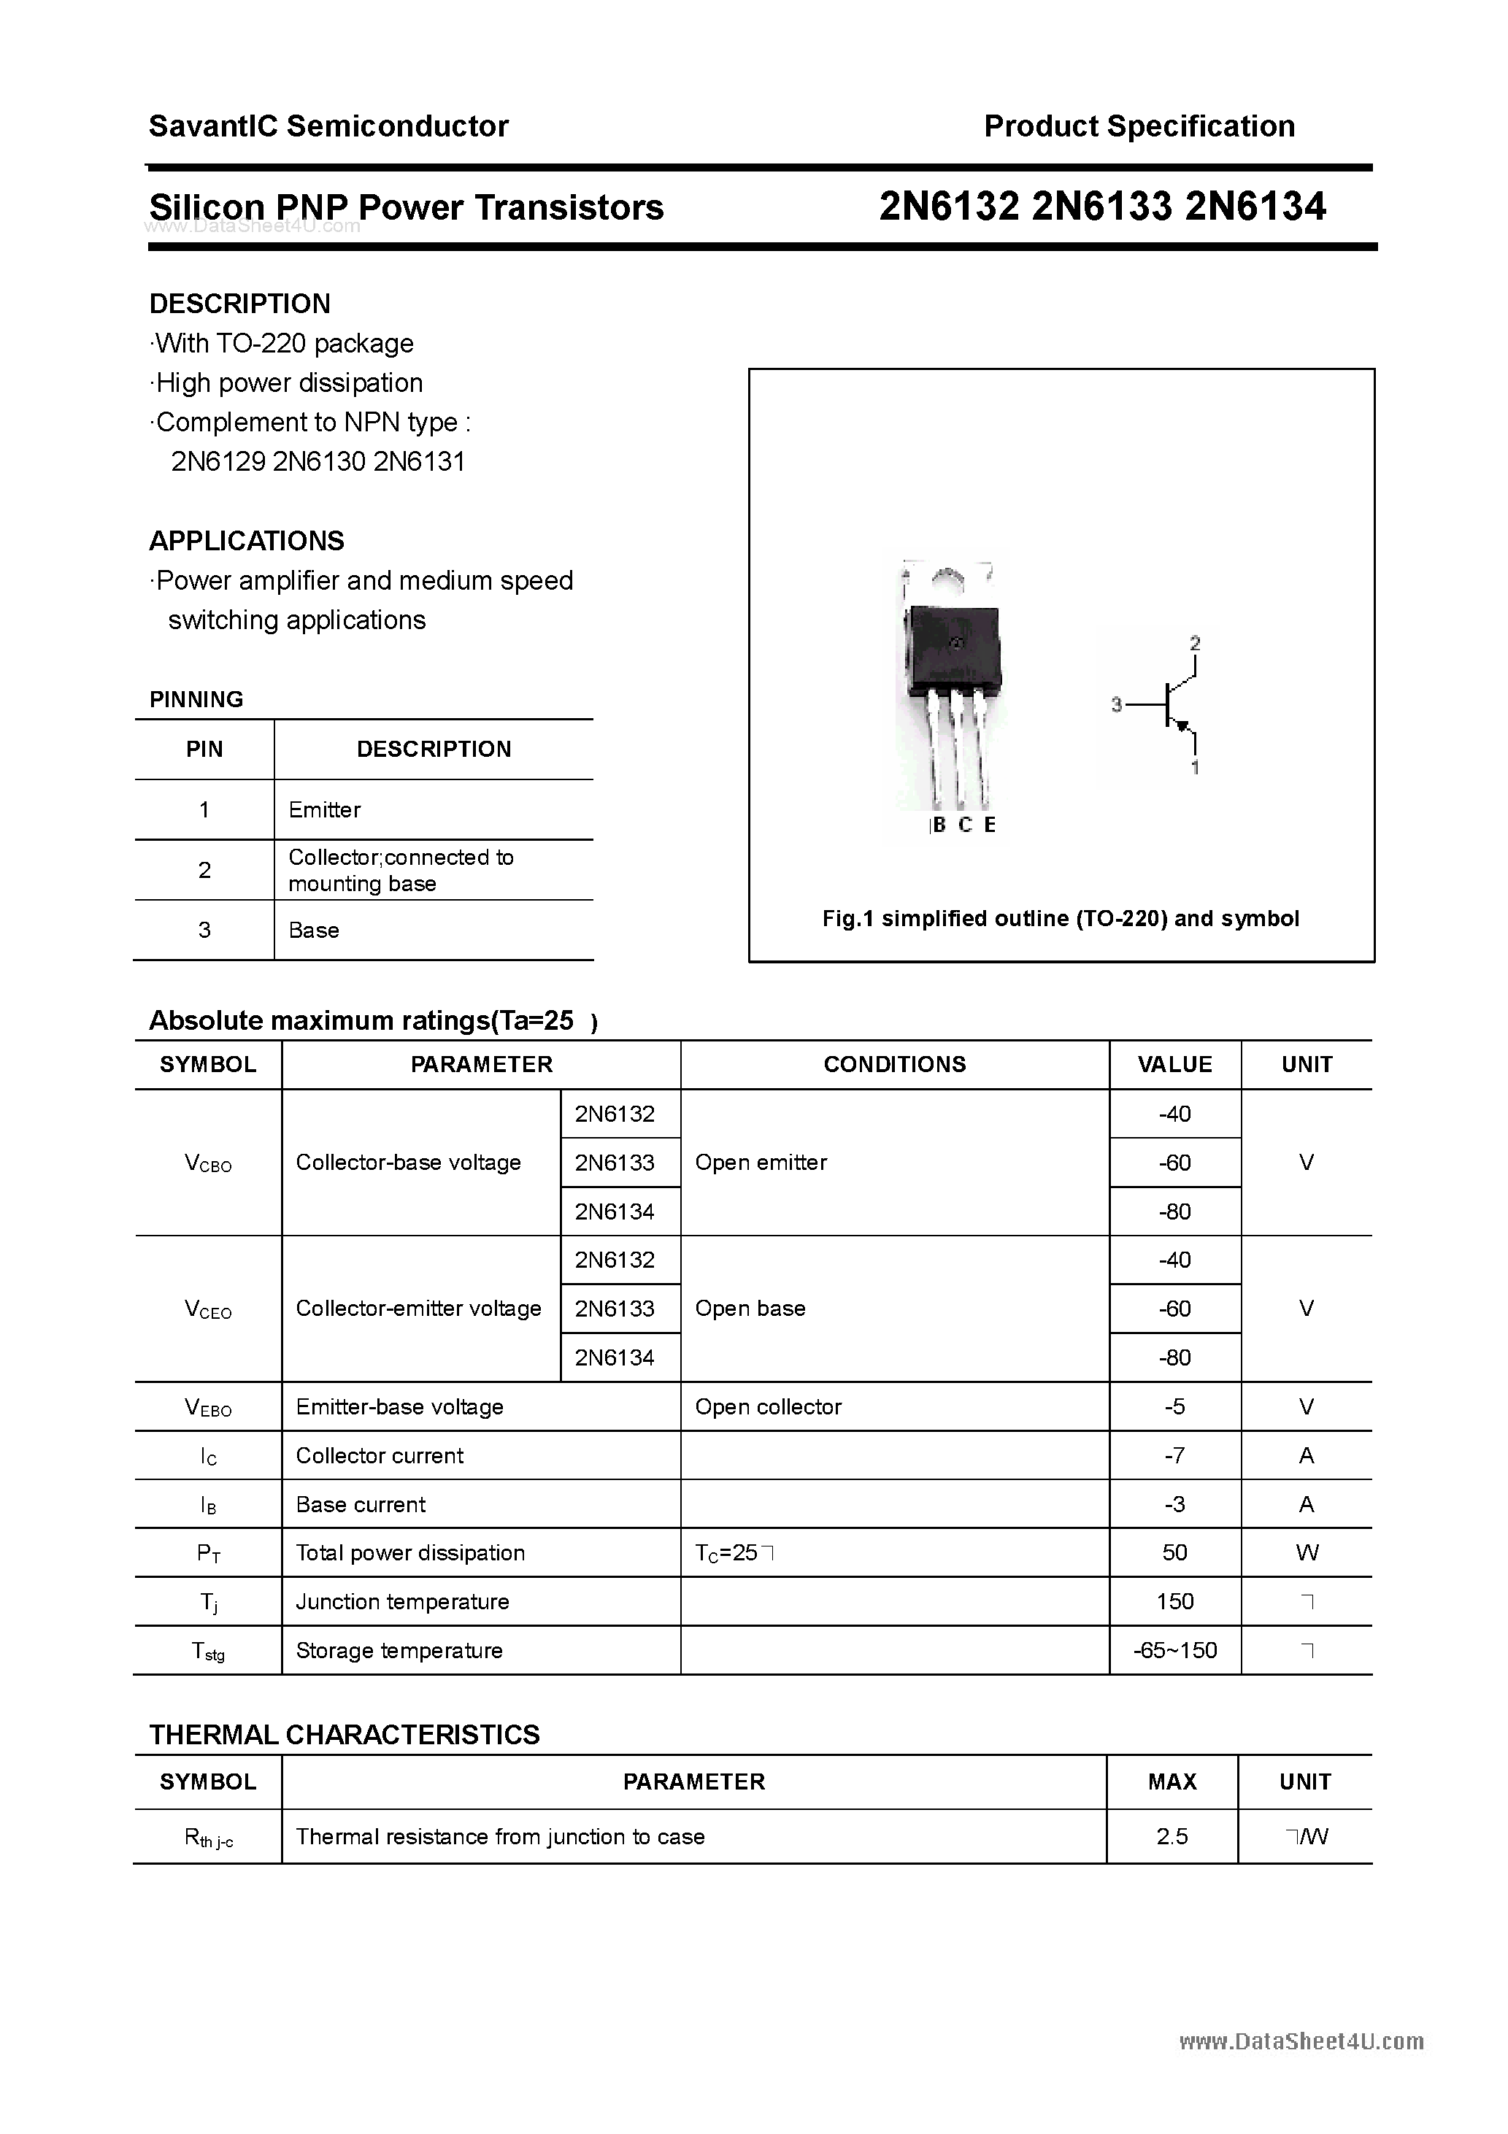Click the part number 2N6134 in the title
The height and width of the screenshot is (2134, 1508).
1255,207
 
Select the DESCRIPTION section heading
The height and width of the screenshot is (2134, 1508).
240,304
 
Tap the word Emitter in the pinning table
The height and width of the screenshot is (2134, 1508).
325,809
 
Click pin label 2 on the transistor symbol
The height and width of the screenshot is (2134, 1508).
1195,643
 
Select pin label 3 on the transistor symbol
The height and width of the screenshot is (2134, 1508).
1117,706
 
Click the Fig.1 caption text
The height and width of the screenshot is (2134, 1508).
1060,918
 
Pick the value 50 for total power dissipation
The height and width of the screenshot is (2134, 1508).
1174,1553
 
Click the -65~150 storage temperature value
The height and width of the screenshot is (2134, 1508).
1175,1651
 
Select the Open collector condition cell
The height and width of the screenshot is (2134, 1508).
768,1407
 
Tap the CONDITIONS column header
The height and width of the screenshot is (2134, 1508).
894,1064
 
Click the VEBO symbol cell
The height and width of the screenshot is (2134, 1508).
208,1408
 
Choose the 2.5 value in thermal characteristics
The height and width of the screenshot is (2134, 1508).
1172,1836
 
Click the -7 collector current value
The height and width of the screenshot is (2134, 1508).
1174,1455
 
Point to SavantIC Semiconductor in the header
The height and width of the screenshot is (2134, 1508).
328,126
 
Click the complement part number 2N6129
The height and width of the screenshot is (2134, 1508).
218,462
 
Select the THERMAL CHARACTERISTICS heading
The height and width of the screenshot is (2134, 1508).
344,1736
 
